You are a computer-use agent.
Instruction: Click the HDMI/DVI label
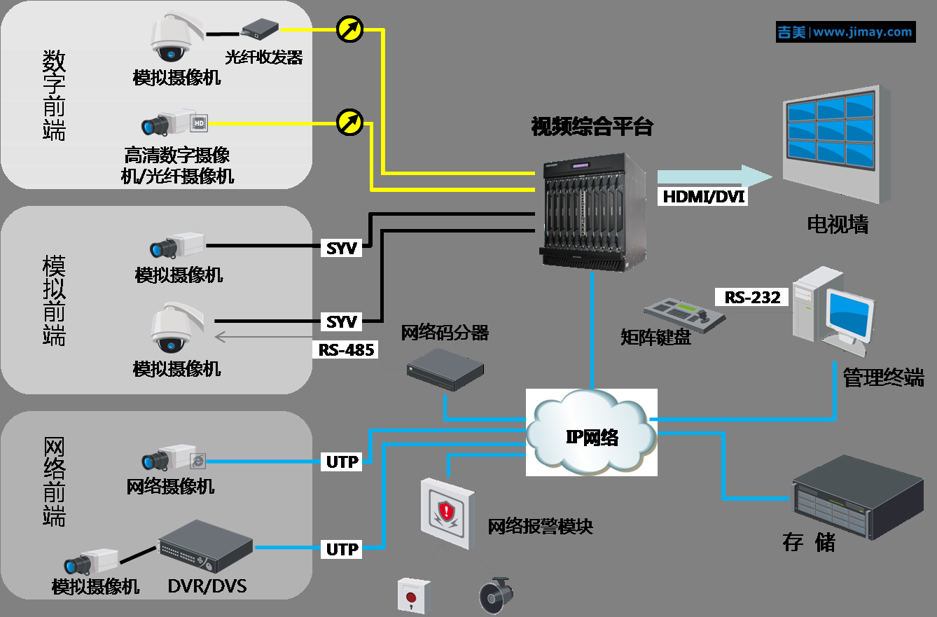pos(704,197)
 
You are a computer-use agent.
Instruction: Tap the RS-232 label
pos(751,297)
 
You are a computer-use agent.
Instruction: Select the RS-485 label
pos(346,349)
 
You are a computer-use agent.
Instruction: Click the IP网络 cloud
pos(592,437)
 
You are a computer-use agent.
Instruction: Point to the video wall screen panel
pos(831,131)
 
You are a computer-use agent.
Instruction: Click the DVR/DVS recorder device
pos(204,546)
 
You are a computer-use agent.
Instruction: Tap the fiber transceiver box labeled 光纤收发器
pos(260,29)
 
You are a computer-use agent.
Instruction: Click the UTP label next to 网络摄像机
pos(342,462)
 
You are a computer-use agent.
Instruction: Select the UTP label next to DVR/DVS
pos(342,550)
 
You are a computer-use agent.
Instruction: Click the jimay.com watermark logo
pos(845,32)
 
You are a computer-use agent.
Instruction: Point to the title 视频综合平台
pos(592,127)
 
